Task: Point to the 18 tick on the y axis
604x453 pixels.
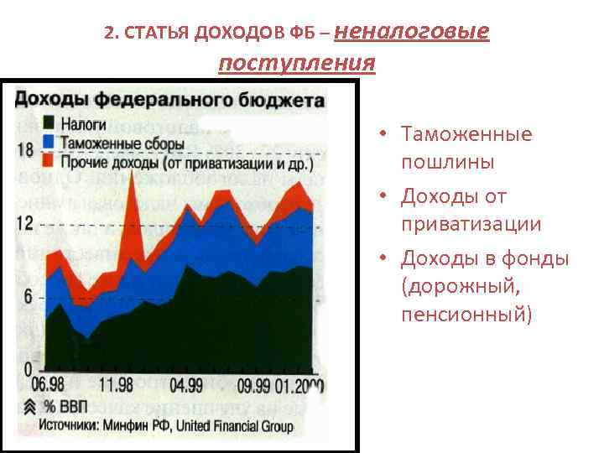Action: pos(25,150)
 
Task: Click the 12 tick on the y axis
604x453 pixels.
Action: pos(25,223)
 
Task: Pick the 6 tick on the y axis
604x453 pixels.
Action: pos(28,297)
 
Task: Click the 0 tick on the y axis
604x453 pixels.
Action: pos(28,370)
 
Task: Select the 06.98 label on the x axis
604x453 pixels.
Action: pos(48,386)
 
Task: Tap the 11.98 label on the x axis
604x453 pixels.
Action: pos(116,386)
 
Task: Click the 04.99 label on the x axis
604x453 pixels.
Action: pos(186,386)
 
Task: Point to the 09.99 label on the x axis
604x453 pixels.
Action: pos(254,386)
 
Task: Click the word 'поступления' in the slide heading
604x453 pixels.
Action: pos(296,64)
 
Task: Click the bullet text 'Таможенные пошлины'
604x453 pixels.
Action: pos(466,148)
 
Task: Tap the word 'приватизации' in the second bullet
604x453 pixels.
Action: pos(471,225)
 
